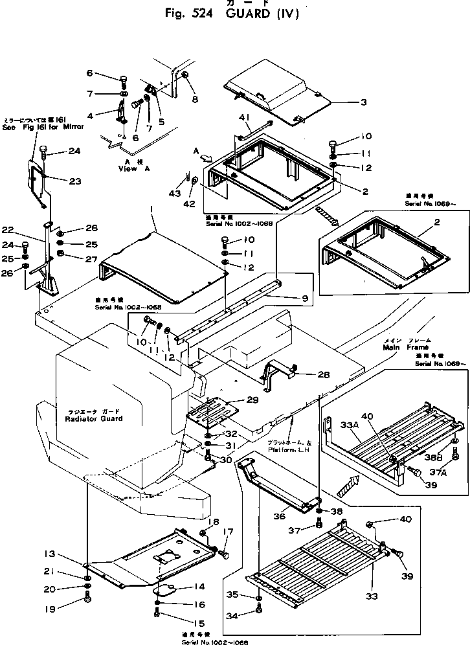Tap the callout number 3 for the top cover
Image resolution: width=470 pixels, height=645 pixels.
[364, 102]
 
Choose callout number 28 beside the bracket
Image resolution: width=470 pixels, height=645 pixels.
[307, 374]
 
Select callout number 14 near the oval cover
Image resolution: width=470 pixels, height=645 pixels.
[199, 587]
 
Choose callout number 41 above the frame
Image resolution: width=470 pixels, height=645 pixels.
[244, 118]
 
